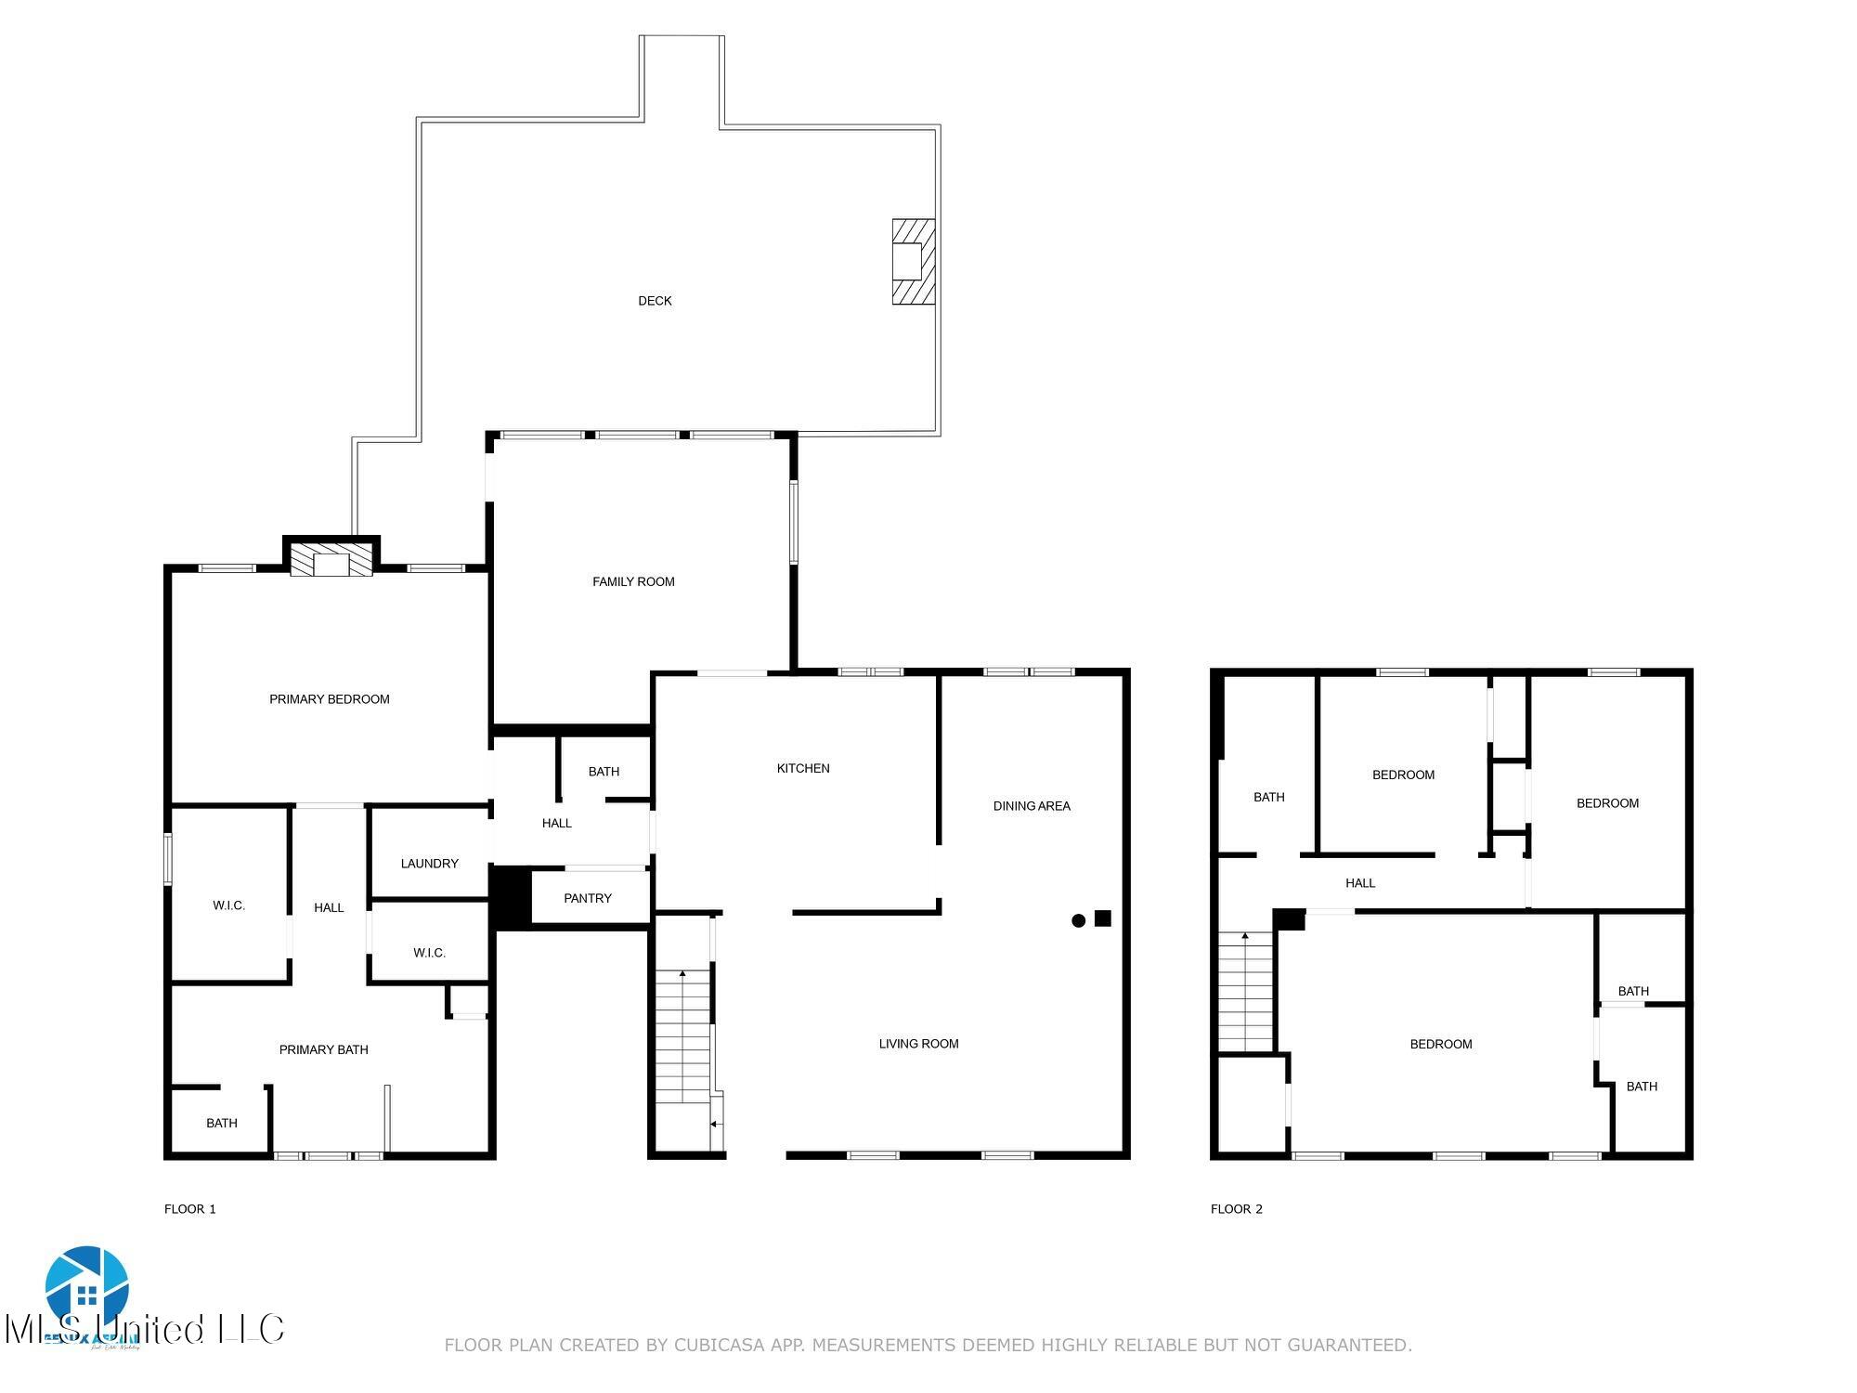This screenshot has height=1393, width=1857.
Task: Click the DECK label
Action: pos(655,301)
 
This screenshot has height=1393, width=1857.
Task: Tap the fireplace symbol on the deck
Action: pos(913,262)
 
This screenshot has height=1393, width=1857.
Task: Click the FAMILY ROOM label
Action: pos(633,581)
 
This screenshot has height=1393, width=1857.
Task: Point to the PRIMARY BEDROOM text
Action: pos(329,699)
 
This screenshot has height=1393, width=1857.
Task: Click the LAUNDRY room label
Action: pos(429,864)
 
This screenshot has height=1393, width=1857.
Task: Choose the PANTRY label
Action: pos(587,898)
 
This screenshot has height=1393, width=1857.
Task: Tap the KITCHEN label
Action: pos(803,768)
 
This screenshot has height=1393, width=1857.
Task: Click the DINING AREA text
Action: pos(1032,806)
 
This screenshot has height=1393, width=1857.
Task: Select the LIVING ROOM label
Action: pos(918,1044)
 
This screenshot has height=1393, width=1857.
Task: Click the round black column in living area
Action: pos(1078,921)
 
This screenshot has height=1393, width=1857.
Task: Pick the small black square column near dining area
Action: pos(1103,918)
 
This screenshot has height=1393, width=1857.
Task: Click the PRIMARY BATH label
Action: pos(323,1049)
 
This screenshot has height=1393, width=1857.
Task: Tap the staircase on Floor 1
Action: pos(683,1035)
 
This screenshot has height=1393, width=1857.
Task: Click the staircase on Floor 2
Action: pos(1245,992)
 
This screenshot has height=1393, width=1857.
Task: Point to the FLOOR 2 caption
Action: pos(1236,1209)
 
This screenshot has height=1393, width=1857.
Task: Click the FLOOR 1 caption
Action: pos(189,1209)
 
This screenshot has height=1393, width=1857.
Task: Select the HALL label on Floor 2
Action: pos(1359,883)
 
